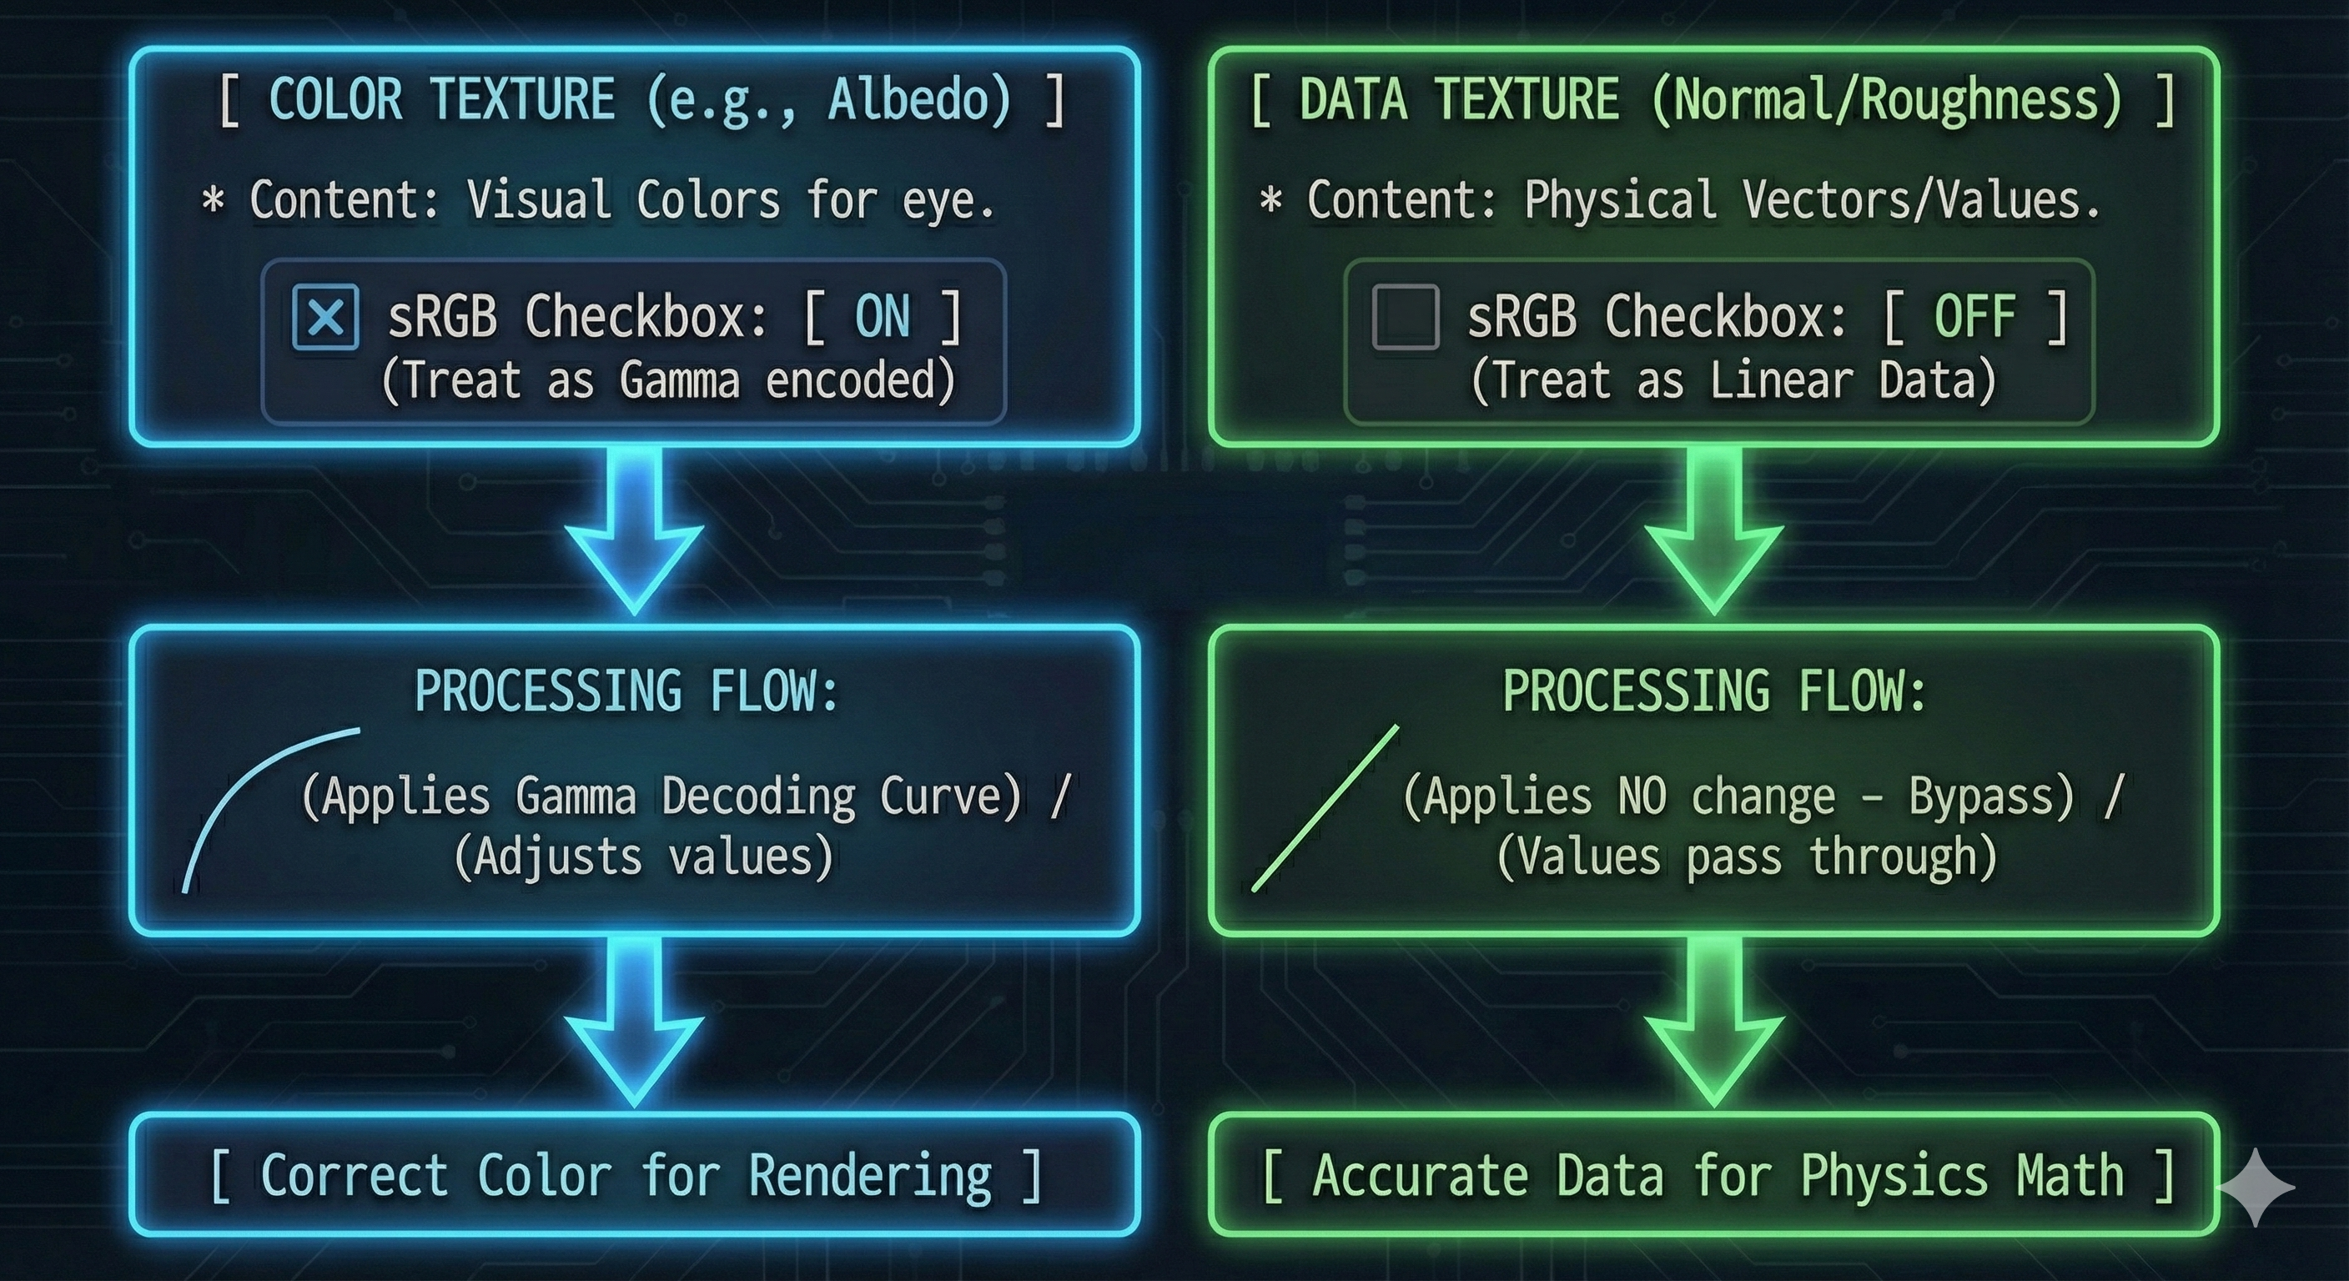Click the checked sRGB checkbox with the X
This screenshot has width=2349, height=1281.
click(x=325, y=317)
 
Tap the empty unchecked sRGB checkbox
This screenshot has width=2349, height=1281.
click(x=1406, y=317)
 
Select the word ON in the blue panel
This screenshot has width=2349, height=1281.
click(x=882, y=317)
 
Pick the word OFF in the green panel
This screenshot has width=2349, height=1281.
click(x=1974, y=317)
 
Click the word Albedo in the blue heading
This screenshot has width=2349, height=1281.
click(x=919, y=99)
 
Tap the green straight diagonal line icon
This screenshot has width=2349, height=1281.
click(x=1324, y=808)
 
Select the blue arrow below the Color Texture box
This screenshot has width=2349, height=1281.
click(x=634, y=534)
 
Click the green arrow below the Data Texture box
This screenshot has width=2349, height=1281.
click(x=1713, y=534)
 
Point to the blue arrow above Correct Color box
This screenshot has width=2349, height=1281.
click(x=634, y=1026)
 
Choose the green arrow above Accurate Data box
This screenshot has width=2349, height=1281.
click(x=1713, y=1026)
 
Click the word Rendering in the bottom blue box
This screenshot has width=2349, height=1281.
click(x=870, y=1176)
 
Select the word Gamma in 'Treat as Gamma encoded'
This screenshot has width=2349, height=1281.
click(x=679, y=380)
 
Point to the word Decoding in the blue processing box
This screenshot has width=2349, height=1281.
click(x=759, y=798)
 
